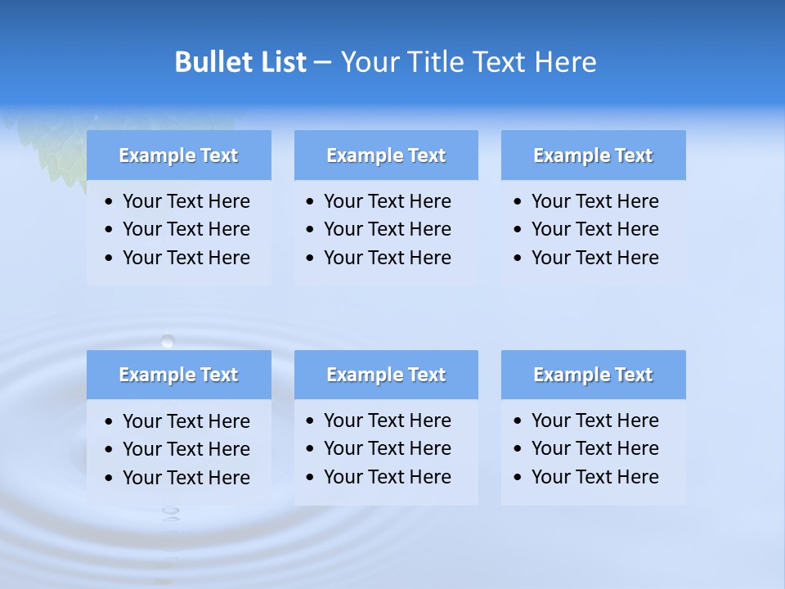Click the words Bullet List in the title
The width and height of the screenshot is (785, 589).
(240, 62)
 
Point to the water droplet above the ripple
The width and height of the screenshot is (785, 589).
(168, 340)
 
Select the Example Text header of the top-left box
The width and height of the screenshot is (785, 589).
(178, 155)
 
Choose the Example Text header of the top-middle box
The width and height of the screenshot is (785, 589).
(386, 155)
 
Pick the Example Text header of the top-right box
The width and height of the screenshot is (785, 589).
(593, 155)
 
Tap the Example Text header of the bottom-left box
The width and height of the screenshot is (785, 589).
(178, 375)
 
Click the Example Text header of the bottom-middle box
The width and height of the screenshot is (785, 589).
(386, 375)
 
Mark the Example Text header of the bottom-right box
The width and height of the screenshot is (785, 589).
(593, 375)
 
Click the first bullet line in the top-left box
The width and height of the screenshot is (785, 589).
(186, 201)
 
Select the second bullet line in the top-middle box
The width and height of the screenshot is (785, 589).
(387, 229)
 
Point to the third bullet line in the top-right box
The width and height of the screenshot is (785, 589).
(594, 258)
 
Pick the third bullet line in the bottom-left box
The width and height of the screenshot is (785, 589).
(186, 478)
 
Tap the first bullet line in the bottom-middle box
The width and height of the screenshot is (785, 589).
(387, 420)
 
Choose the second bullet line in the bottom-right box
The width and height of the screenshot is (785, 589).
(594, 448)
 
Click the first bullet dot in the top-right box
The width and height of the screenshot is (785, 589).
(518, 202)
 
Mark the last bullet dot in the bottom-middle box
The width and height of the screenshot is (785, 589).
(310, 478)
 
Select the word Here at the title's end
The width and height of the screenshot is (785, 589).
(565, 62)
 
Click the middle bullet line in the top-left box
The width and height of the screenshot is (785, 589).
(186, 229)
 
